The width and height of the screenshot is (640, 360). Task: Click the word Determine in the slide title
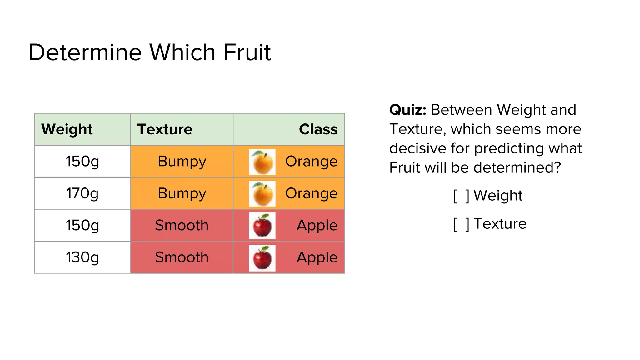click(x=85, y=52)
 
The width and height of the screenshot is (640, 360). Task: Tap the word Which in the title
click(x=182, y=52)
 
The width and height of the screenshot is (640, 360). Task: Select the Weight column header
click(x=67, y=129)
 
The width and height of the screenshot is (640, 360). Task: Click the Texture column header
click(x=165, y=129)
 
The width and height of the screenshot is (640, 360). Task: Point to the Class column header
click(x=318, y=129)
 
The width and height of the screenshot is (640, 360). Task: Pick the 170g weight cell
click(x=82, y=193)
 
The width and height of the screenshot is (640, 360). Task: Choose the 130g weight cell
click(x=82, y=257)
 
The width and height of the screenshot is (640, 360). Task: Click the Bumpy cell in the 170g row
click(x=182, y=193)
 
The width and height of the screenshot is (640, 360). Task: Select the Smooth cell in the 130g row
click(x=182, y=257)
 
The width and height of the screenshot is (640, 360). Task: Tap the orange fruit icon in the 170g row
click(x=262, y=194)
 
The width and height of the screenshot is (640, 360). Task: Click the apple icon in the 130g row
click(x=262, y=258)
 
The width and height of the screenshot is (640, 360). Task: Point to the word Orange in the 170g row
click(x=311, y=193)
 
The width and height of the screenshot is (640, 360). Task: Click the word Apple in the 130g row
click(x=317, y=257)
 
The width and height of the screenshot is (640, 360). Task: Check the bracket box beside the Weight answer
click(x=461, y=196)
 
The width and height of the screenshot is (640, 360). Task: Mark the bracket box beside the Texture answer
click(x=461, y=224)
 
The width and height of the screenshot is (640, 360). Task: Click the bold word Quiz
click(x=407, y=110)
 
